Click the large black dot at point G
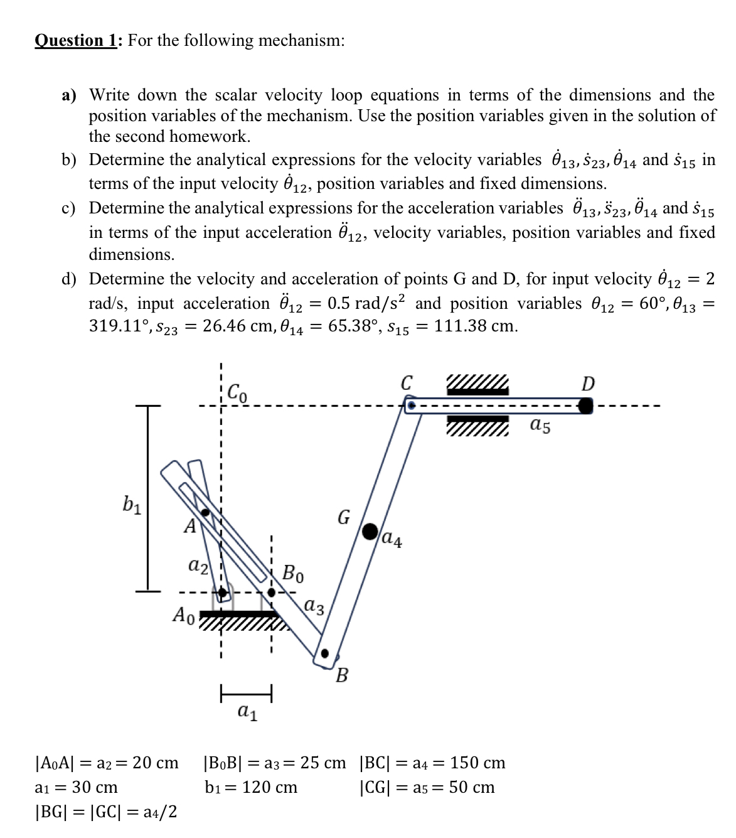click(371, 531)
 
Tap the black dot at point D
click(585, 406)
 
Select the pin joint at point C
click(411, 406)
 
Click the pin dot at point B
click(324, 653)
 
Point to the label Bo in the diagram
click(293, 573)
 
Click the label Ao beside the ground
click(184, 615)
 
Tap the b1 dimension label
click(132, 504)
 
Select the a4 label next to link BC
click(392, 538)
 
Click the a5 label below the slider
click(540, 426)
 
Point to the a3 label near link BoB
click(314, 606)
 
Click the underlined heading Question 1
click(77, 41)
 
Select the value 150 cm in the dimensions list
click(477, 763)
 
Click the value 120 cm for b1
click(270, 787)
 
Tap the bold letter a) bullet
click(69, 95)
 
